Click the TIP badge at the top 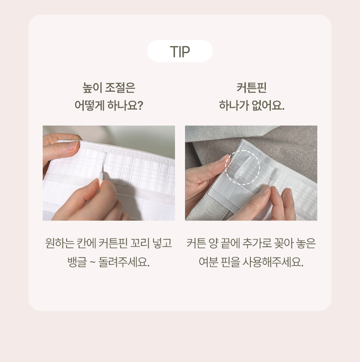pyautogui.click(x=180, y=51)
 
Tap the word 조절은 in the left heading pyautogui.click(x=120, y=88)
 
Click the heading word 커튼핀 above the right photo pyautogui.click(x=252, y=88)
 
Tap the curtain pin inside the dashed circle pyautogui.click(x=243, y=167)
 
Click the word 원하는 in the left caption pyautogui.click(x=59, y=243)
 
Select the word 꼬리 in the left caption pyautogui.click(x=140, y=243)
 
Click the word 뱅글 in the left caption pyautogui.click(x=77, y=262)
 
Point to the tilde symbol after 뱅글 pyautogui.click(x=93, y=263)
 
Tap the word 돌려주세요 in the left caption pyautogui.click(x=124, y=262)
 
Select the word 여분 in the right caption pyautogui.click(x=208, y=262)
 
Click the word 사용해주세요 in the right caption pyautogui.click(x=273, y=262)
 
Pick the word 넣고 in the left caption pyautogui.click(x=162, y=243)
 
